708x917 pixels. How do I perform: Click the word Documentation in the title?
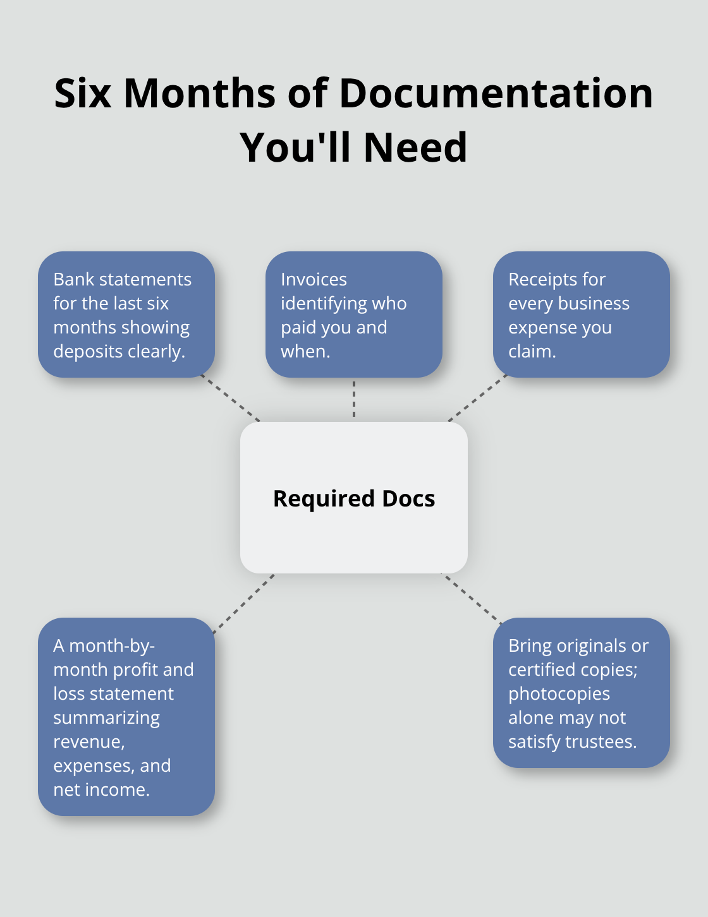point(496,93)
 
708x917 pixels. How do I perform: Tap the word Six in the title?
point(83,93)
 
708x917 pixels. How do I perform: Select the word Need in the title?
point(415,147)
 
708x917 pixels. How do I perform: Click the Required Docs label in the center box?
point(354,498)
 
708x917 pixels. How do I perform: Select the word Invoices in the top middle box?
point(314,279)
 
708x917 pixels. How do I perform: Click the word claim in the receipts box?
point(530,352)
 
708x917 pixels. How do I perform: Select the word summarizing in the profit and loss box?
point(106,718)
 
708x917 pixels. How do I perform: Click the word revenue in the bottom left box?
point(87,742)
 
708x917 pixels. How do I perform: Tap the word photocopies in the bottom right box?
point(559,694)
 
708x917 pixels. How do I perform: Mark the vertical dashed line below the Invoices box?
point(354,399)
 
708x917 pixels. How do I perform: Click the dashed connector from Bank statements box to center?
point(230,397)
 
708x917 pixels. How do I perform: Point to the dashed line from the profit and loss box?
point(243,604)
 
